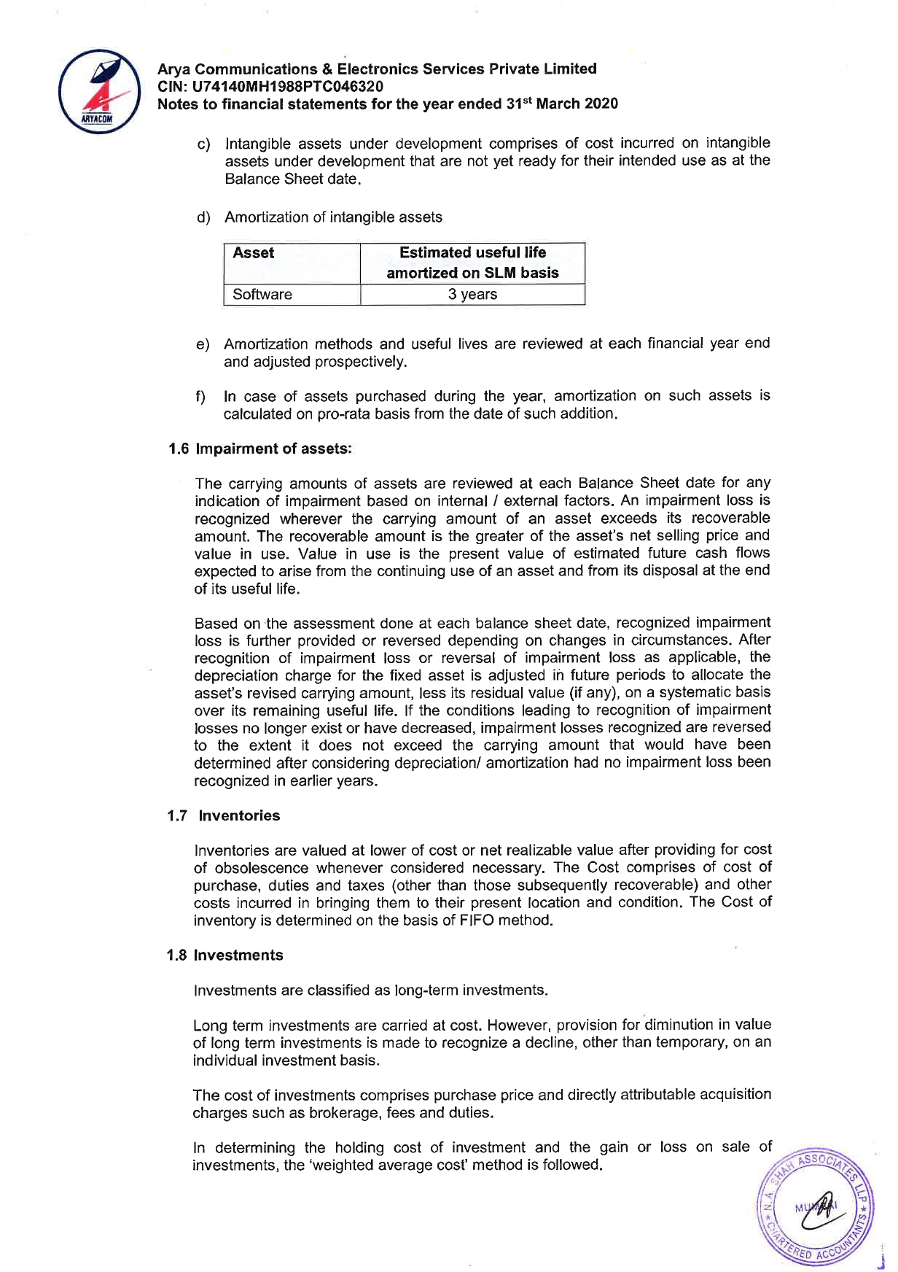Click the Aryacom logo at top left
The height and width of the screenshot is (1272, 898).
click(100, 92)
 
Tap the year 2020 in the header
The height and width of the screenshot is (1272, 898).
click(601, 104)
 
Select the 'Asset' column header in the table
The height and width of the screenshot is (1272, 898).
click(253, 253)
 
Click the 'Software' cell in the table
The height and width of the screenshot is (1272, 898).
click(262, 295)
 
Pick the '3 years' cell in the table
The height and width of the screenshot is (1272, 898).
click(472, 295)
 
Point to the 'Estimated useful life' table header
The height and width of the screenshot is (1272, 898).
click(472, 253)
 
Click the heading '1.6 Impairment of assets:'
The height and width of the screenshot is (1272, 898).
click(259, 449)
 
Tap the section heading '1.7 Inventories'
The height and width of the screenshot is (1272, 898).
click(224, 815)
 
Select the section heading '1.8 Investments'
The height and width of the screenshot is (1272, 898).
click(224, 955)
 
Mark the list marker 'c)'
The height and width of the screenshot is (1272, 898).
click(204, 144)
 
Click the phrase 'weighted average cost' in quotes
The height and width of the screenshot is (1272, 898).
click(389, 1166)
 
